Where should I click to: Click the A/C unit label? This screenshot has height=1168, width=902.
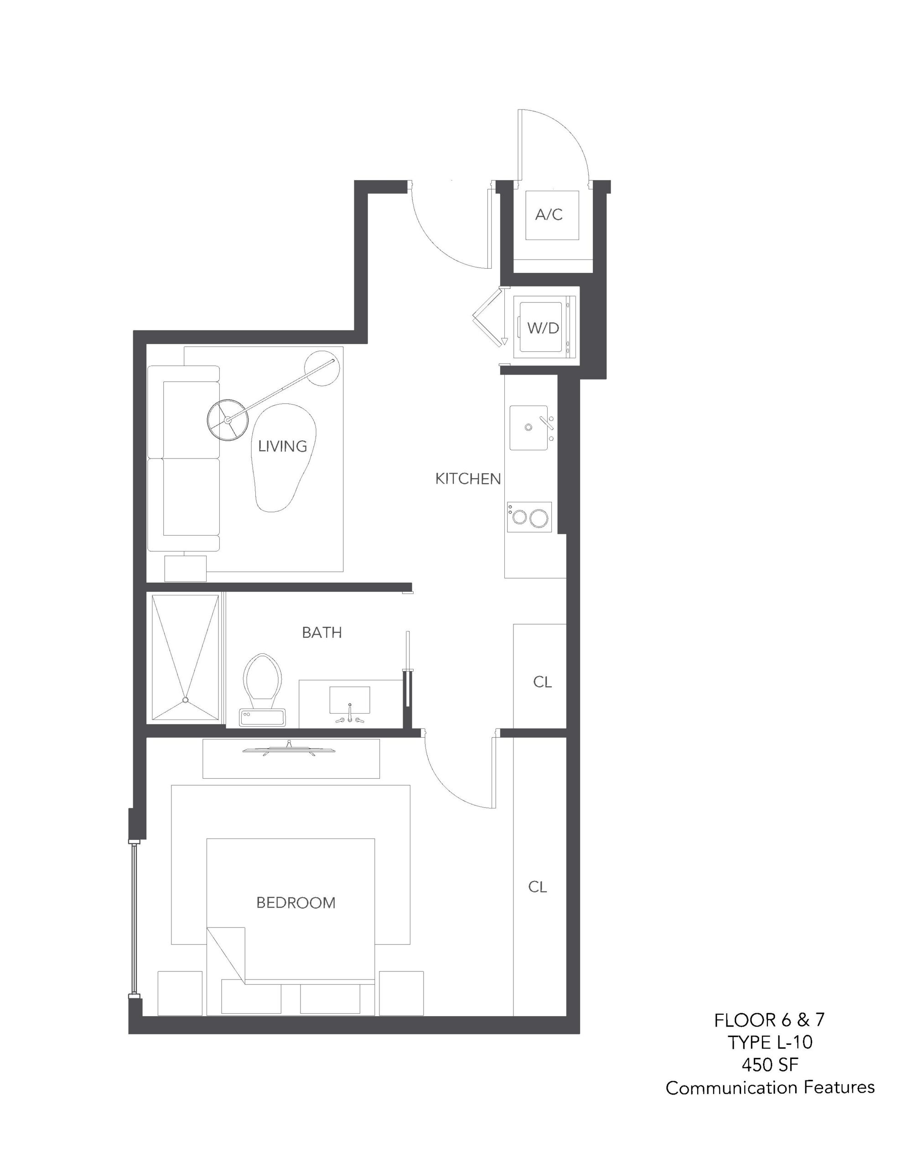click(x=549, y=215)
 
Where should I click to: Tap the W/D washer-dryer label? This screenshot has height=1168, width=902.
click(x=543, y=328)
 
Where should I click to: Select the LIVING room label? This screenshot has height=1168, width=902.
click(x=282, y=446)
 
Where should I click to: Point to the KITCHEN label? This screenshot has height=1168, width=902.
click(x=468, y=479)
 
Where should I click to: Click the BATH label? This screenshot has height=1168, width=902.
click(x=321, y=633)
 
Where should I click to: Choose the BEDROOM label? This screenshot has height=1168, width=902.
click(x=295, y=903)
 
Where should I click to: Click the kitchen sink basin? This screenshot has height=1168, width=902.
click(x=529, y=428)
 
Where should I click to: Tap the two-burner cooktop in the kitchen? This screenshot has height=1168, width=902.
click(x=529, y=516)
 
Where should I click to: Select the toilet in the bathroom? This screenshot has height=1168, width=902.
click(x=263, y=689)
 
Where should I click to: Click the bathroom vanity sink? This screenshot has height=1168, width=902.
click(x=350, y=701)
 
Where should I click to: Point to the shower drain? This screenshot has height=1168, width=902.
click(x=186, y=699)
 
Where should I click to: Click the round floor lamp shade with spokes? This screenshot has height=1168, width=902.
click(x=228, y=420)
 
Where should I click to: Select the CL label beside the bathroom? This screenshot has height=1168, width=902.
click(x=542, y=682)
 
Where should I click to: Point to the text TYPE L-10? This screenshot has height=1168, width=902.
click(x=769, y=1043)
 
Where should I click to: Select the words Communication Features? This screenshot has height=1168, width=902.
click(x=770, y=1088)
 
